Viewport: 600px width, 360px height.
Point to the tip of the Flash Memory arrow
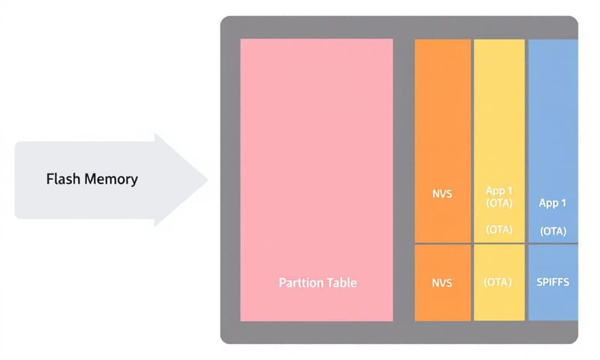[207, 179]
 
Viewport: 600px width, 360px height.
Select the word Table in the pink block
[342, 283]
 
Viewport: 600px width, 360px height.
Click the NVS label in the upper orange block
[442, 194]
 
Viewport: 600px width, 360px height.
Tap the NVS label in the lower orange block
[442, 283]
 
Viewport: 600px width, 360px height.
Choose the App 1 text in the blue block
[553, 203]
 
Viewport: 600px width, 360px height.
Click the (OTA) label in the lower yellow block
[499, 283]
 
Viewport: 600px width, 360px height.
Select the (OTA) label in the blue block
[553, 231]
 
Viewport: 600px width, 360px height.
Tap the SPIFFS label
[553, 283]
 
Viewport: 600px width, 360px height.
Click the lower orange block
[442, 300]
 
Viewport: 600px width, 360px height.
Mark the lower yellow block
[499, 304]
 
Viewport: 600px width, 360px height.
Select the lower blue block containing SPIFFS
[553, 304]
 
